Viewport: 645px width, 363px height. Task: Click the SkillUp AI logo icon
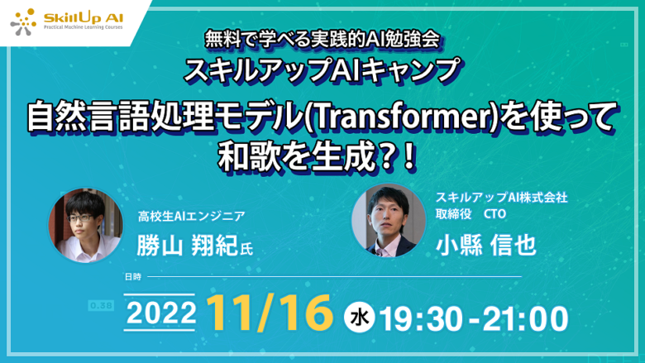(23, 21)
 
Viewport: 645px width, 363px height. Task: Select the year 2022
(161, 313)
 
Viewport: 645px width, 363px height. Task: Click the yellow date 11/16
(270, 313)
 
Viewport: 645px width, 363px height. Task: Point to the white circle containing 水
(359, 317)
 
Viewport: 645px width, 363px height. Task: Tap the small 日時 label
(133, 277)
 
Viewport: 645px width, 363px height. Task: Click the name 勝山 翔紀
(188, 246)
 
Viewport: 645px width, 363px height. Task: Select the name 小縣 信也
(485, 245)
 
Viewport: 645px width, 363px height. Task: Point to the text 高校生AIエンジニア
(191, 217)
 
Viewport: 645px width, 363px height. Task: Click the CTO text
(494, 214)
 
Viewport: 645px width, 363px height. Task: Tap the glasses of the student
(81, 217)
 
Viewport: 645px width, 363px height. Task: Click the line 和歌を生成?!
(317, 157)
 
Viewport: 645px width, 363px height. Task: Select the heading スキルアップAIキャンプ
(322, 70)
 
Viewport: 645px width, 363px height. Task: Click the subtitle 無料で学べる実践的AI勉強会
(322, 41)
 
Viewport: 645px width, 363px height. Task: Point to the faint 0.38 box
(101, 306)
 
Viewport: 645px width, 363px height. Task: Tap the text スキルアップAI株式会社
(501, 198)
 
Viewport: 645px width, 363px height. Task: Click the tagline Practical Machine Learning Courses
(83, 27)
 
